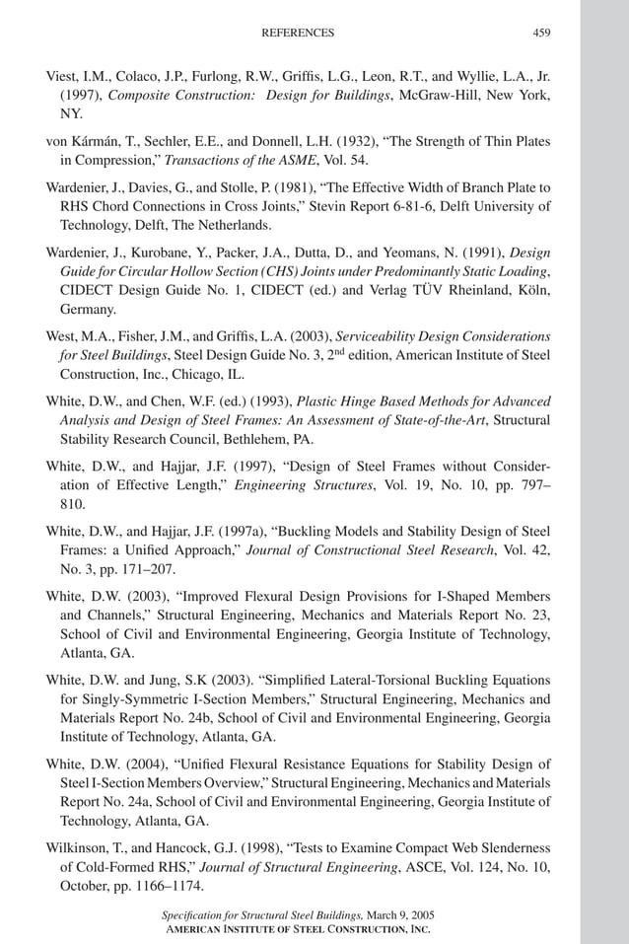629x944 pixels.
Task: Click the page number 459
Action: (541, 33)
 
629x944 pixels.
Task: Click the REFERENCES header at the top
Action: (297, 33)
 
